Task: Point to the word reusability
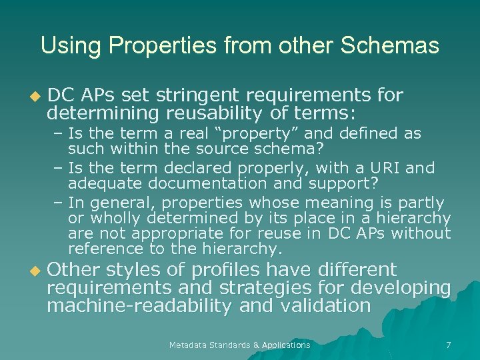click(208, 111)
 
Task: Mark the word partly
click(422, 203)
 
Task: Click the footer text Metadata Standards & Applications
click(239, 345)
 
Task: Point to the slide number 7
click(448, 345)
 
